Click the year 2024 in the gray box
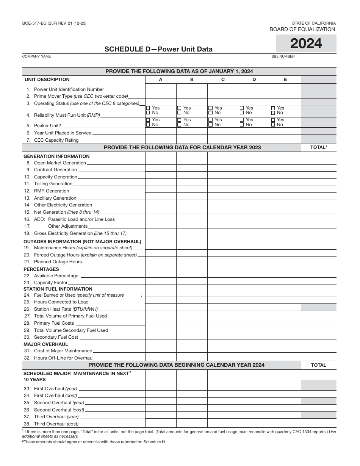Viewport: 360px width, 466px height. pos(306,44)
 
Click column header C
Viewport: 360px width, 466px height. pos(223,80)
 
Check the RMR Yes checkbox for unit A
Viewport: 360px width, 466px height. pos(148,108)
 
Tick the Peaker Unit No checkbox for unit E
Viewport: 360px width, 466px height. pos(273,125)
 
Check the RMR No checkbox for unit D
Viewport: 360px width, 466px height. pos(242,113)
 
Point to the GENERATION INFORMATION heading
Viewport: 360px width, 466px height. pos(56,156)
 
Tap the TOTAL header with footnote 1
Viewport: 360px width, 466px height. pos(318,147)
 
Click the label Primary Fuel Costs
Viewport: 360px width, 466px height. pos(54,323)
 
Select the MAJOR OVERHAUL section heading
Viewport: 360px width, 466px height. pos(46,344)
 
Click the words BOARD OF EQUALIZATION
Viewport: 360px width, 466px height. pos(302,29)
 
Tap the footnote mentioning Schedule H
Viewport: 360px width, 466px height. pos(95,442)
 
